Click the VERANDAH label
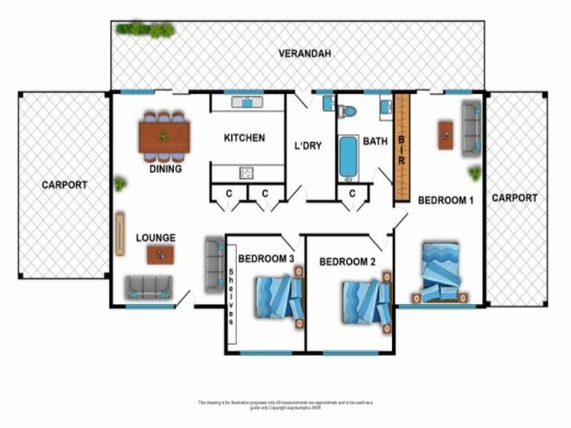pyautogui.click(x=305, y=53)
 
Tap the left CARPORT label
pyautogui.click(x=64, y=185)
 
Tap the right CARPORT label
pyautogui.click(x=514, y=198)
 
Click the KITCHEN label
pyautogui.click(x=244, y=138)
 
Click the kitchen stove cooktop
pyautogui.click(x=246, y=172)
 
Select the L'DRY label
pyautogui.click(x=308, y=146)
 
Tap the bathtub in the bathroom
pyautogui.click(x=348, y=156)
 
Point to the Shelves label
pyautogui.click(x=232, y=297)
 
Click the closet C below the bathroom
pyautogui.click(x=353, y=193)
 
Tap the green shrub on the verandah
pyautogui.click(x=146, y=29)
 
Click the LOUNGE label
pyautogui.click(x=156, y=238)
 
